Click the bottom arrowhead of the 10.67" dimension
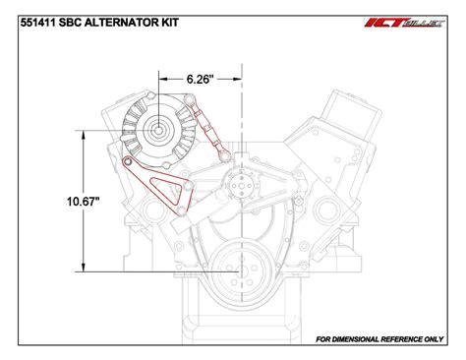click(x=86, y=269)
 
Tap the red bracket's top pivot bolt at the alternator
click(x=128, y=162)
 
